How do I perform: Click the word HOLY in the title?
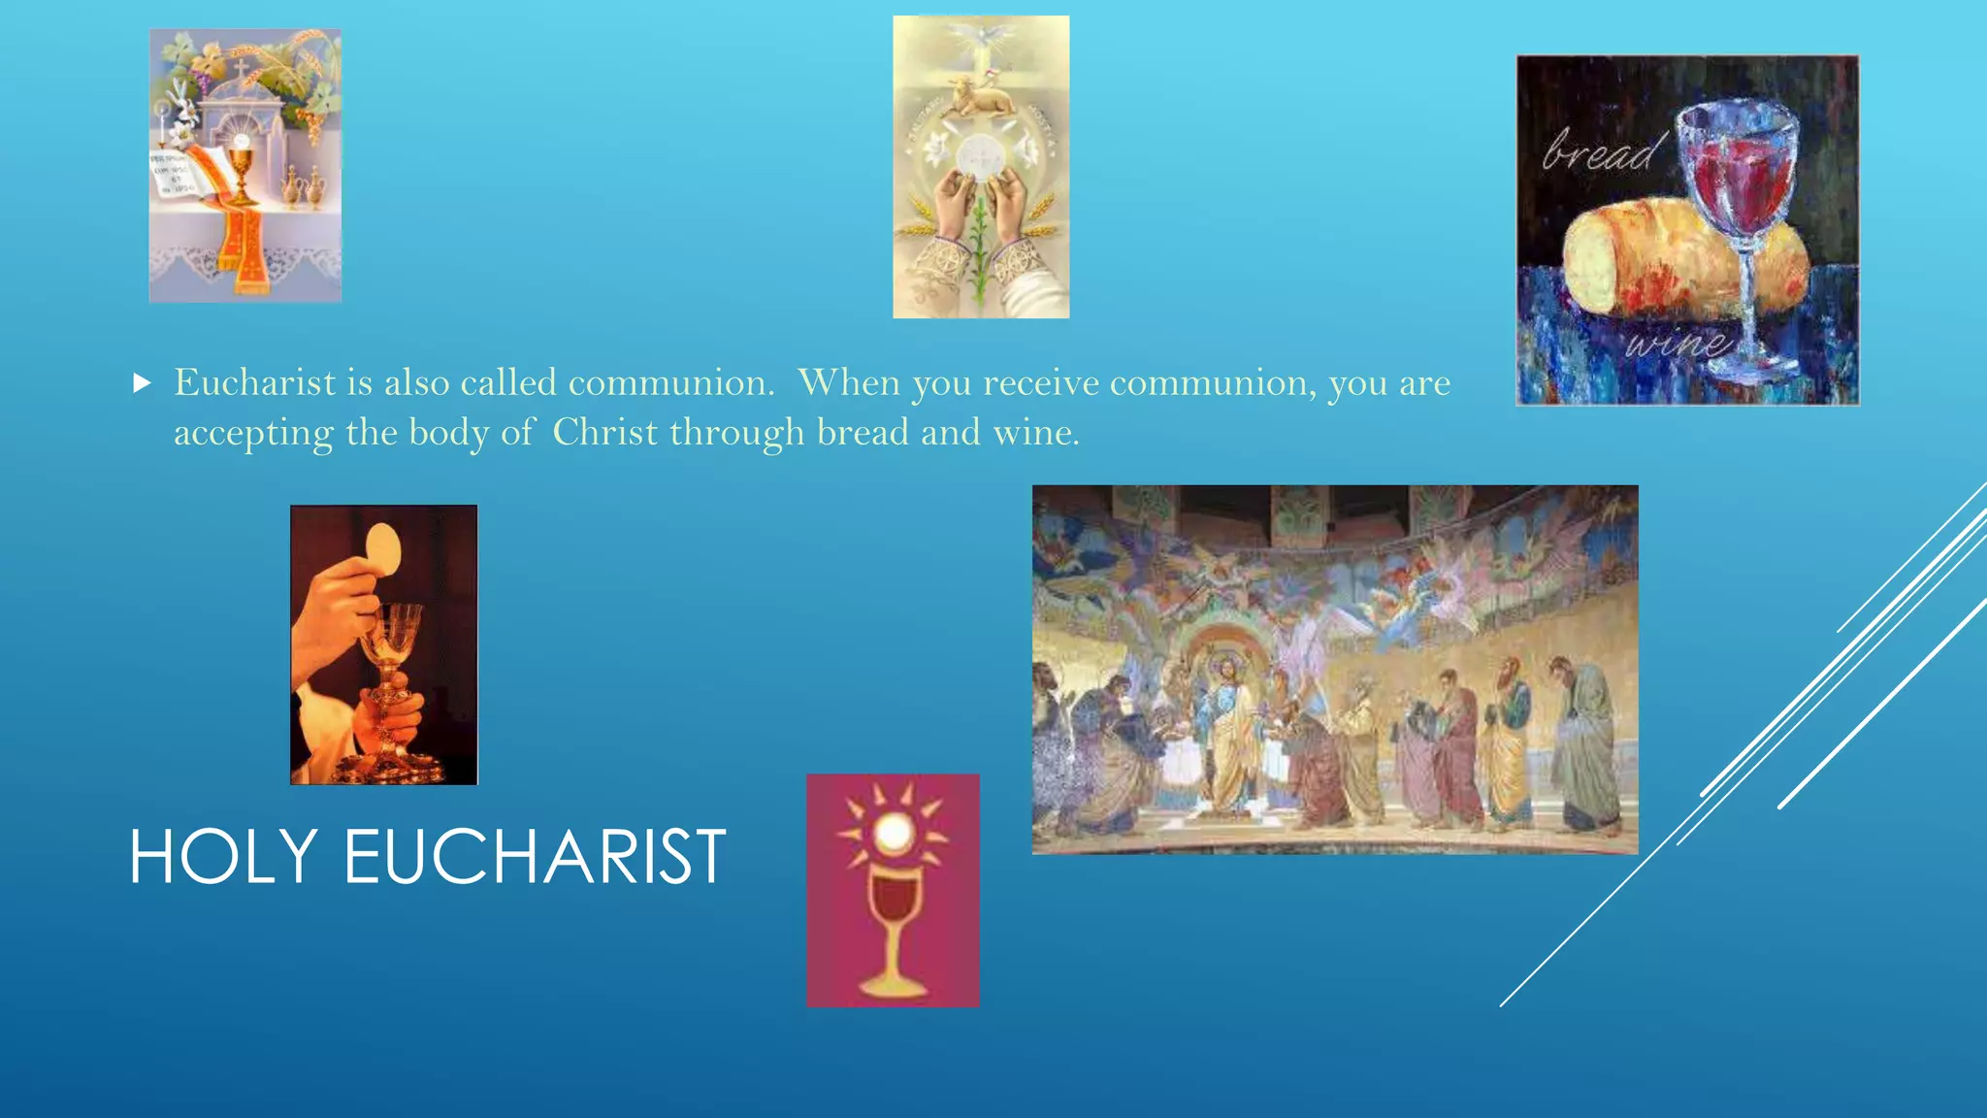(x=223, y=857)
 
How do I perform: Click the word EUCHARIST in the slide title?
(x=535, y=857)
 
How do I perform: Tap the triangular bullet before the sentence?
(x=143, y=383)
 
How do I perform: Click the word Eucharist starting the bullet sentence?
(x=255, y=383)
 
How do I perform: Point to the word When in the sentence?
(x=849, y=383)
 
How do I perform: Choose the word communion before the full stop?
(x=669, y=383)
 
